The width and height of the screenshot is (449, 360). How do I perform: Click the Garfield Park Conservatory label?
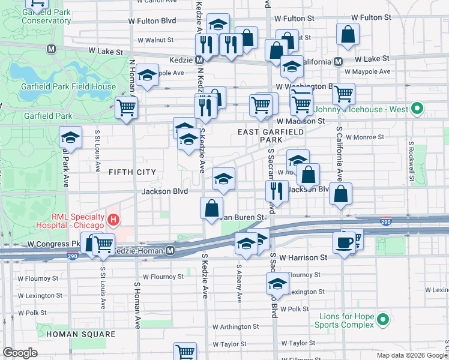pos(46,16)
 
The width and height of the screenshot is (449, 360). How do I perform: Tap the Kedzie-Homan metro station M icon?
pos(170,250)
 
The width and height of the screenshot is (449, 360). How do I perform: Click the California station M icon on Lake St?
pos(339,61)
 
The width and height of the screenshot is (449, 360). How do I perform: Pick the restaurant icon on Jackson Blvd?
pos(277,190)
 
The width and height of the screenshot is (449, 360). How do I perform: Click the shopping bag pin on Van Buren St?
pos(211,208)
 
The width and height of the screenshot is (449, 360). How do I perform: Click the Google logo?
pos(19,353)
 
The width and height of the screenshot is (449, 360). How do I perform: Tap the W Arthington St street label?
pos(237,327)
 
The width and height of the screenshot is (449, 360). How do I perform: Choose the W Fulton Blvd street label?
pos(152,20)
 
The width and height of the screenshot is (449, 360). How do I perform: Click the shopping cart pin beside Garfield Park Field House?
pos(127,108)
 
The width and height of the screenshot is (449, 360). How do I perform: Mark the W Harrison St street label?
pos(303,257)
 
